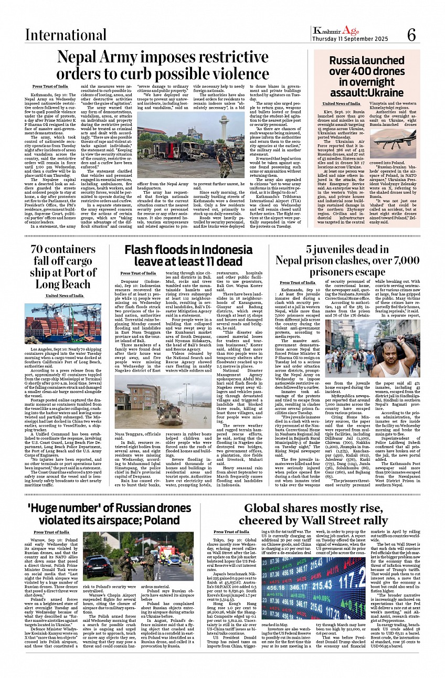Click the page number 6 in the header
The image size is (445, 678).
411,35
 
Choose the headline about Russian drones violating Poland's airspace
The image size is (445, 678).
103,514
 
